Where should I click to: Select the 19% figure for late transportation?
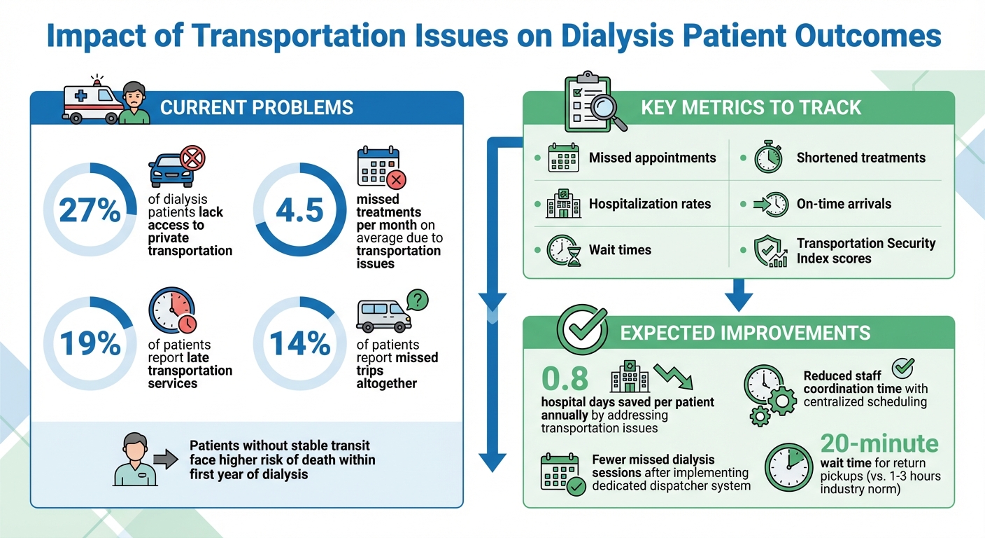(90, 343)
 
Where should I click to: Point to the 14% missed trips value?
(299, 343)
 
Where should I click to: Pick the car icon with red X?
(175, 167)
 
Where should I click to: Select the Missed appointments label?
(652, 158)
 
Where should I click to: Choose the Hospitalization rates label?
(649, 204)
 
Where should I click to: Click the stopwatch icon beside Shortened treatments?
(767, 158)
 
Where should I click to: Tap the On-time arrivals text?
(844, 204)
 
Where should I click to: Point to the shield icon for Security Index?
(769, 251)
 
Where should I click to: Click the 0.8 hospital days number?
(565, 378)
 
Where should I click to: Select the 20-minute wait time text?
(879, 443)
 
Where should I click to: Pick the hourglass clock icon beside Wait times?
(562, 251)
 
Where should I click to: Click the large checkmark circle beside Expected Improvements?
(581, 326)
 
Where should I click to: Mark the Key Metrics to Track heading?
(751, 108)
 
